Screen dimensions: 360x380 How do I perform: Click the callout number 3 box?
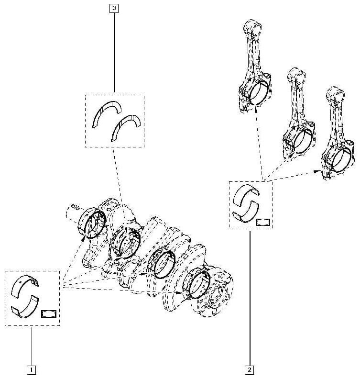(x=114, y=8)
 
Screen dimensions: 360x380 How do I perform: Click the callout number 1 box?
(x=31, y=370)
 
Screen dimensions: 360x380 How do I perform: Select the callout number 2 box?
(x=250, y=370)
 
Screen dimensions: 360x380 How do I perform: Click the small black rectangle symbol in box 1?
(x=49, y=314)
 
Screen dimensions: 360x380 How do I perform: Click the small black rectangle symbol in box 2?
(x=263, y=222)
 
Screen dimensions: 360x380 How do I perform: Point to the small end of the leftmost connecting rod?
(x=253, y=27)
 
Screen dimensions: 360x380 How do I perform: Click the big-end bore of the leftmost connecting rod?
(x=259, y=93)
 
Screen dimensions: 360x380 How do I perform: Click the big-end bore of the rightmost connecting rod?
(x=342, y=159)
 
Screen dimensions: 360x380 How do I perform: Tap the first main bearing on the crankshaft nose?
(x=91, y=223)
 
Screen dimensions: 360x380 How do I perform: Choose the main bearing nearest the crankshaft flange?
(x=196, y=283)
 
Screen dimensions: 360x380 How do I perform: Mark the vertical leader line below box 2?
(x=250, y=299)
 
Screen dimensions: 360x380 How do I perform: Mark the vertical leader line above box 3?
(x=114, y=52)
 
